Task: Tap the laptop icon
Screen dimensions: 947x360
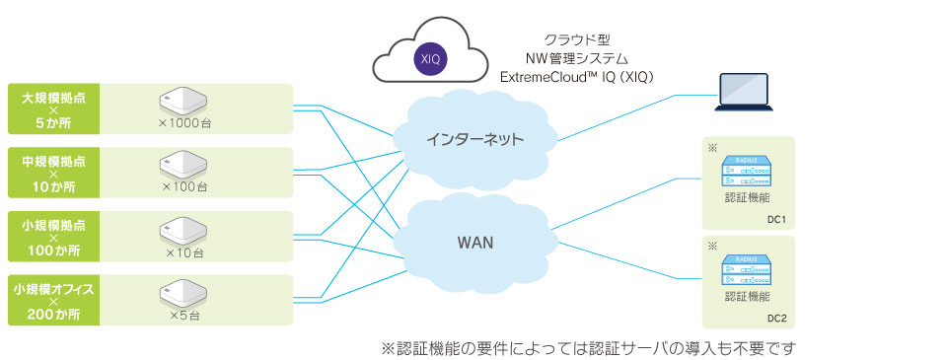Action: point(744,92)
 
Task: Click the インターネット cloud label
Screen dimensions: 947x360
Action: point(474,139)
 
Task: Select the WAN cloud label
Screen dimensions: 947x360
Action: point(474,244)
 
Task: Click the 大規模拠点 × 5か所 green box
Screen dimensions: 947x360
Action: point(53,108)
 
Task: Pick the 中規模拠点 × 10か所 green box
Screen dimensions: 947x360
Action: point(53,173)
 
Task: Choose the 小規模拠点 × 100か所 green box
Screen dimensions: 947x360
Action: point(53,236)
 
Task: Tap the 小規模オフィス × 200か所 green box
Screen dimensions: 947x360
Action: point(53,300)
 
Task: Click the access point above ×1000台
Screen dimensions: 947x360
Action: point(183,100)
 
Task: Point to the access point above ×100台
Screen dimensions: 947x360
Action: point(183,164)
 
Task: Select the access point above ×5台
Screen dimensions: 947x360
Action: point(183,291)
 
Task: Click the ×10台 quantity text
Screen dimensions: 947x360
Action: point(184,252)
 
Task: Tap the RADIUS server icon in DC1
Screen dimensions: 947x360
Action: point(748,172)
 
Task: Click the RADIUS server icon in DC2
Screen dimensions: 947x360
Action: point(748,270)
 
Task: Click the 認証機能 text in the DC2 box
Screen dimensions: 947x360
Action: point(747,297)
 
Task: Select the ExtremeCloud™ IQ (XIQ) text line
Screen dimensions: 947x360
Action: point(577,77)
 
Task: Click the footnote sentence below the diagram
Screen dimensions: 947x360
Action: point(589,348)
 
